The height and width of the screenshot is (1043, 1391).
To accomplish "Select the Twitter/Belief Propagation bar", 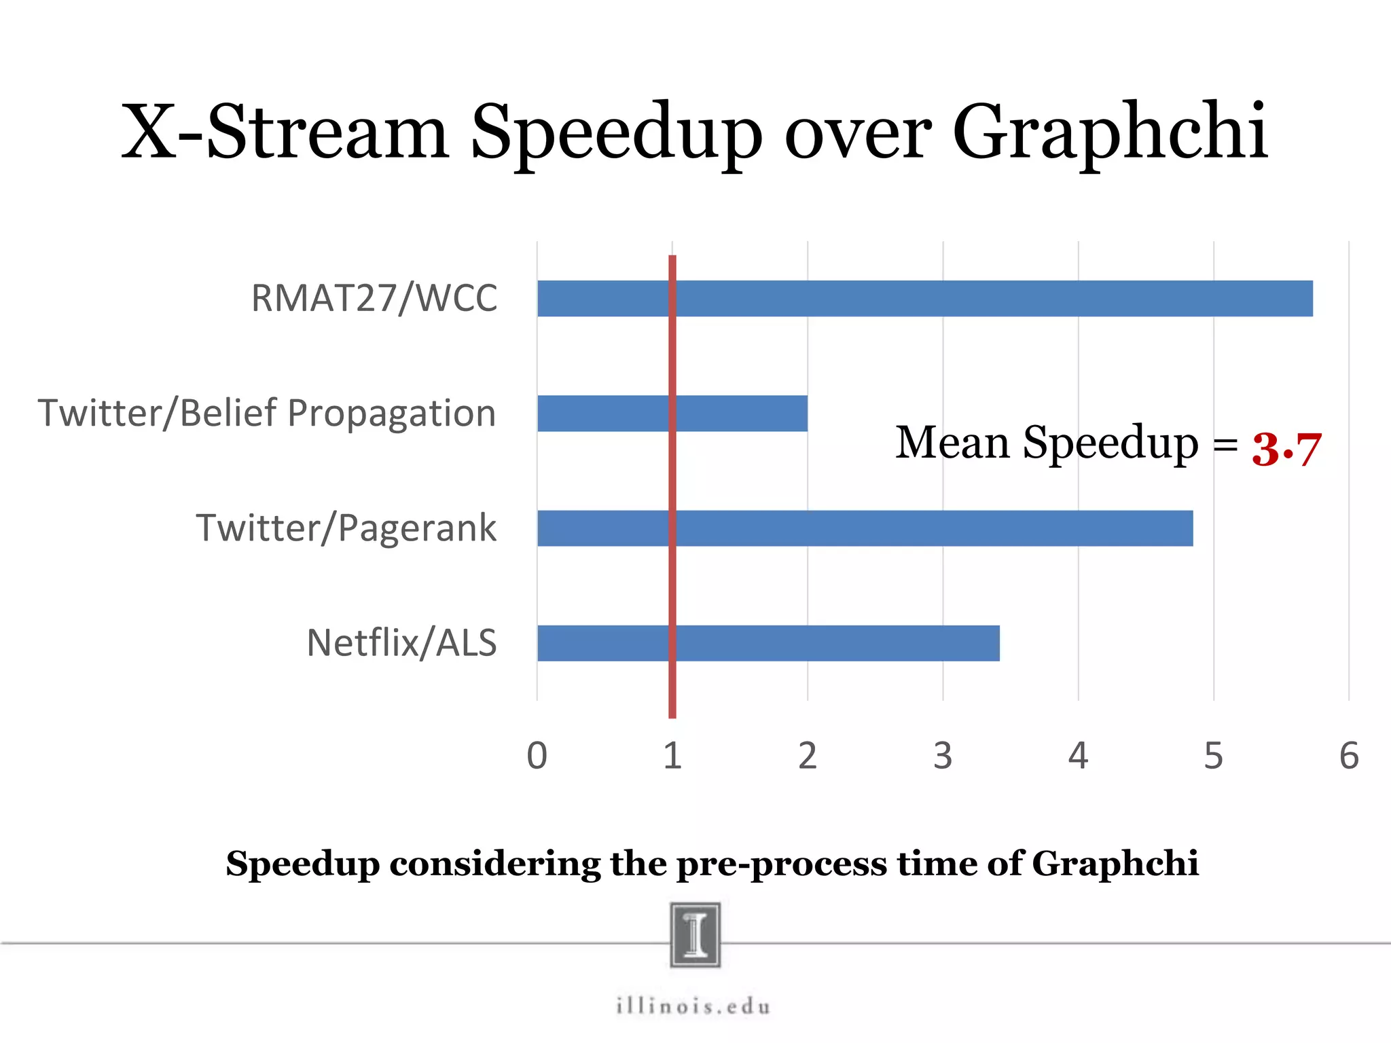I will click(x=740, y=414).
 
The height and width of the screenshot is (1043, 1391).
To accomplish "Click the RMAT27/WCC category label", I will click(x=374, y=298).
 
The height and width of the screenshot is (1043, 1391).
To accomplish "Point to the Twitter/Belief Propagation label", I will click(x=267, y=413).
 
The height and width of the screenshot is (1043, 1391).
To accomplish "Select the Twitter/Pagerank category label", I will click(x=346, y=528).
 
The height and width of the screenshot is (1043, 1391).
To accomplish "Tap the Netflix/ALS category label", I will click(x=401, y=643).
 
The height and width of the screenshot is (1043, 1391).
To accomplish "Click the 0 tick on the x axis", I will click(x=537, y=756).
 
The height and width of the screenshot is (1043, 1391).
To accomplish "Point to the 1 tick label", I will click(x=672, y=756).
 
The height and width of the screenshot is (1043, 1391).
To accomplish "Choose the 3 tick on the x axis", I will click(x=943, y=756).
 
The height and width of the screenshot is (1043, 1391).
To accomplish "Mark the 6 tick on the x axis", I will click(x=1349, y=756).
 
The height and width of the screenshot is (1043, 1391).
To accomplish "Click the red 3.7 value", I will click(x=1286, y=449).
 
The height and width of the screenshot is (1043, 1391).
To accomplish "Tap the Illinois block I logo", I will click(x=695, y=934).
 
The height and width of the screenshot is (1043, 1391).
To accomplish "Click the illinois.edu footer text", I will click(x=693, y=1006).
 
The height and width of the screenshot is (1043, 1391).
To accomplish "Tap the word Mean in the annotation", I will click(x=952, y=443).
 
